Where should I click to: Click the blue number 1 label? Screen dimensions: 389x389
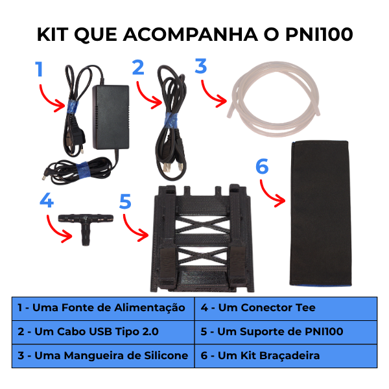pyautogui.click(x=39, y=69)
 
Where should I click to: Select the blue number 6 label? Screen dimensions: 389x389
pyautogui.click(x=262, y=166)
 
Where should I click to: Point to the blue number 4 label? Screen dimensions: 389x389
pyautogui.click(x=47, y=200)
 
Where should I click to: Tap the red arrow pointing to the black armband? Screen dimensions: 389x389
pyautogui.click(x=270, y=194)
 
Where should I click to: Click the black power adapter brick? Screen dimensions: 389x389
pyautogui.click(x=111, y=117)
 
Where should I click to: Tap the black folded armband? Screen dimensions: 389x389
pyautogui.click(x=320, y=213)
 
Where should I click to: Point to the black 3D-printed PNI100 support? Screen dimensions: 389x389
pyautogui.click(x=202, y=238)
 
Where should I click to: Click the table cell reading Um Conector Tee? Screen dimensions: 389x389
pyautogui.click(x=286, y=309)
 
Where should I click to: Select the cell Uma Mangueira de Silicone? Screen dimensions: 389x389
pyautogui.click(x=103, y=356)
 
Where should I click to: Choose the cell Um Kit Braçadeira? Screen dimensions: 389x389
pyautogui.click(x=286, y=356)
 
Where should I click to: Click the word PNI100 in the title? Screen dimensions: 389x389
pyautogui.click(x=319, y=34)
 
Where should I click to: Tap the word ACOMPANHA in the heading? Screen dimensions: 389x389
pyautogui.click(x=191, y=34)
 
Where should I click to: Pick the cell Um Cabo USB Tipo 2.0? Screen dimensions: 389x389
pyautogui.click(x=103, y=332)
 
